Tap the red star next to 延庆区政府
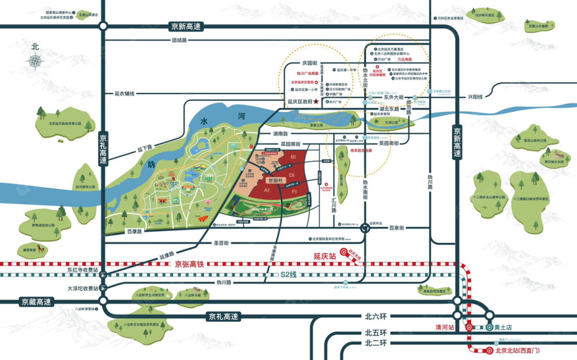[x=317, y=102]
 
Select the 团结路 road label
[x=179, y=40]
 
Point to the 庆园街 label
[x=310, y=63]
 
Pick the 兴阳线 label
[x=475, y=97]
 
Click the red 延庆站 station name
[x=326, y=256]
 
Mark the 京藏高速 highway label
[x=33, y=302]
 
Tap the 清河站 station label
[x=444, y=327]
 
